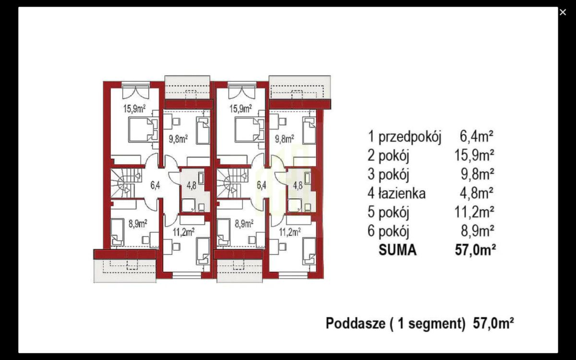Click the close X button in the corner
pyautogui.click(x=563, y=12)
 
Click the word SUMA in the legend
pyautogui.click(x=397, y=250)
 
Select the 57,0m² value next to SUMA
pyautogui.click(x=475, y=250)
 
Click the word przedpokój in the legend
pyautogui.click(x=409, y=137)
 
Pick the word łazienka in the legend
pyautogui.click(x=402, y=194)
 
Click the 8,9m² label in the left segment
pyautogui.click(x=137, y=223)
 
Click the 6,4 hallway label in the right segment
pyautogui.click(x=261, y=184)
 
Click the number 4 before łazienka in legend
pyautogui.click(x=371, y=194)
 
